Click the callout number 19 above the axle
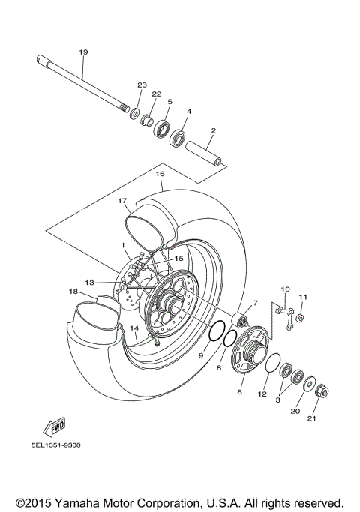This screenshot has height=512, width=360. [83, 52]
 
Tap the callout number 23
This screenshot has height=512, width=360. [140, 85]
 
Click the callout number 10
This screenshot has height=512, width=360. [285, 289]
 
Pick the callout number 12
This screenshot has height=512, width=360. [262, 394]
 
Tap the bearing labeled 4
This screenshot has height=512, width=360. [178, 137]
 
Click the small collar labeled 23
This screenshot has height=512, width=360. [135, 114]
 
